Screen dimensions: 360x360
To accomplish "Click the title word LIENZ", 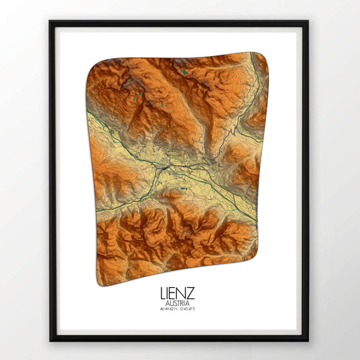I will click(x=178, y=294).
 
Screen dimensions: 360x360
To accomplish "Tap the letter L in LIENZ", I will click(x=163, y=294).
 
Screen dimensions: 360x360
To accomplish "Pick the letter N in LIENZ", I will click(x=182, y=294).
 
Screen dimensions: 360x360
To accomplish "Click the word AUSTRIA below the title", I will click(x=178, y=303).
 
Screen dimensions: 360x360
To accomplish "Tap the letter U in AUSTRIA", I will click(x=170, y=303).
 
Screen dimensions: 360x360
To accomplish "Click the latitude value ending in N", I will click(x=168, y=309).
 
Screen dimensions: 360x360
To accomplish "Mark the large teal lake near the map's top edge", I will click(x=184, y=70).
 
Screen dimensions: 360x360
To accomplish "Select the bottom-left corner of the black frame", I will click(x=51, y=339).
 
